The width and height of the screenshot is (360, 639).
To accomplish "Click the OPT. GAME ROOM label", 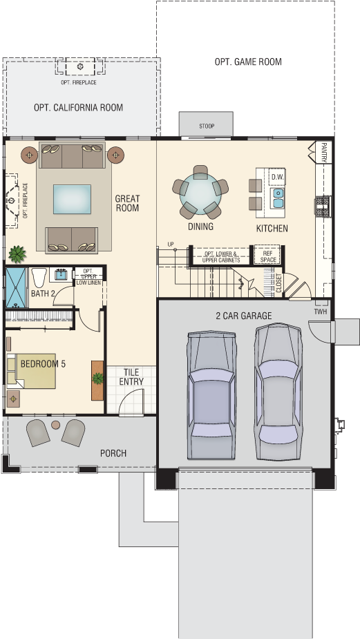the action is pos(248,62).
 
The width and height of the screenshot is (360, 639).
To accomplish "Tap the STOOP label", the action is pos(207,126).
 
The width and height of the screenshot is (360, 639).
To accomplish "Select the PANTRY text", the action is pos(324,153).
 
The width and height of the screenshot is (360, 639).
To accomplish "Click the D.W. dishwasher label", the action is pos(277,178).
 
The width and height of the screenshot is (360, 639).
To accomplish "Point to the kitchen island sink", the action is pos(278,198).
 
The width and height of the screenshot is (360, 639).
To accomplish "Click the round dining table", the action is pos(200,192).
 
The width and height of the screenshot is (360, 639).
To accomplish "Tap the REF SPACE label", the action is pos(268,256).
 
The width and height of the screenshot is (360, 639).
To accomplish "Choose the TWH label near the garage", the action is pos(321,312).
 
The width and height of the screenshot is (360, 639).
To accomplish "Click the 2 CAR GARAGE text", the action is pos(244,316).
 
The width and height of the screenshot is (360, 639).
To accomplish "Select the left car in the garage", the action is pos(211,394).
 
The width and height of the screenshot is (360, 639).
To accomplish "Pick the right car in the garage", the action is pos(278,392).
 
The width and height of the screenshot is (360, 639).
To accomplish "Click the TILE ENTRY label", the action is pos(131,377).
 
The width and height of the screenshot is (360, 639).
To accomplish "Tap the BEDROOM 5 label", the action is pos(43,364).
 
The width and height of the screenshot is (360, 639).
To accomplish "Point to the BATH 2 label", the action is pos(43,294).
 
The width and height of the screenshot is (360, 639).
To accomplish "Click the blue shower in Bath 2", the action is pos(16,287).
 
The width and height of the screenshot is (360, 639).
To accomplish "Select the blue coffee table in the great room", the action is pos(72,199).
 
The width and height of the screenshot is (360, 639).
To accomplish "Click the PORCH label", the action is pos(113,453).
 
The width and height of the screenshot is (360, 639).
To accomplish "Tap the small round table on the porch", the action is pos(56,425).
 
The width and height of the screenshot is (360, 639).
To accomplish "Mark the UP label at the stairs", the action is pos(171,245).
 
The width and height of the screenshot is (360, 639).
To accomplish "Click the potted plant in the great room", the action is pos(17,254).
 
